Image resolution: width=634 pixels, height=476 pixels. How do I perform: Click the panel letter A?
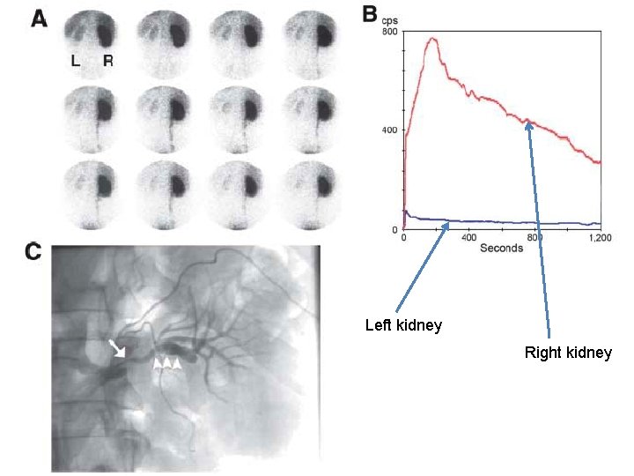coord(40,19)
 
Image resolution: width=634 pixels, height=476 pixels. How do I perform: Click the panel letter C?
coord(33,251)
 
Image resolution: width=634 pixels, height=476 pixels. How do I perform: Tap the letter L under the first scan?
coord(77,62)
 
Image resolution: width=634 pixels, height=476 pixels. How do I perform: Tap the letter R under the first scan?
coord(107,62)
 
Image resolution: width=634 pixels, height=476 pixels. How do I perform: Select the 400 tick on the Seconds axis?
coord(468,238)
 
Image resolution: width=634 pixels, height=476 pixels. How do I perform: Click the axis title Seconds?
coord(502,249)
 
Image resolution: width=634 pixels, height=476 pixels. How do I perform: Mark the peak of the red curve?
coord(432,38)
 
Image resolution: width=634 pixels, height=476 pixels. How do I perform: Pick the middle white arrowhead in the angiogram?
coord(167,362)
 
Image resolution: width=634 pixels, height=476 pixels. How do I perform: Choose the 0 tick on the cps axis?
coord(394,229)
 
